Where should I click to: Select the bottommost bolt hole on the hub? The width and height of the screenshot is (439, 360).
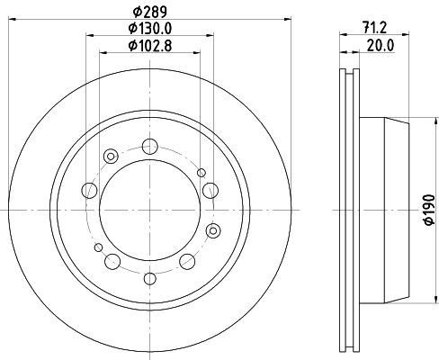[x=150, y=276]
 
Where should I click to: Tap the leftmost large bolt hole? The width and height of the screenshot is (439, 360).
[x=89, y=190]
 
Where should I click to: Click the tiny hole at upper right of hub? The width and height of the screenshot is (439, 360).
[x=202, y=172]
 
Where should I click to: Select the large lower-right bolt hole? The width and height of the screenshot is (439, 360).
[x=187, y=261]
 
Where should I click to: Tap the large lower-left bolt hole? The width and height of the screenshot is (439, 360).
[x=112, y=261]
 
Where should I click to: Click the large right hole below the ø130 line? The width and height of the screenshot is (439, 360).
[x=210, y=189]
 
